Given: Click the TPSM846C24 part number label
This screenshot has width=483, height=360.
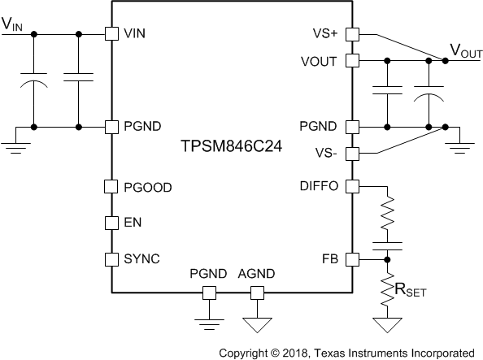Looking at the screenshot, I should pyautogui.click(x=231, y=150).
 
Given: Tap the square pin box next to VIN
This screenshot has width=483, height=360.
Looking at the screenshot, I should pyautogui.click(x=111, y=34).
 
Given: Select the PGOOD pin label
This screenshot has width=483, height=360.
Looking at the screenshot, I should pyautogui.click(x=147, y=187).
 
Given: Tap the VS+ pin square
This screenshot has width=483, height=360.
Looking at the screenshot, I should pyautogui.click(x=352, y=34).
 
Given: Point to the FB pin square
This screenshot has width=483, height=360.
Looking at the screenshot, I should pyautogui.click(x=352, y=259).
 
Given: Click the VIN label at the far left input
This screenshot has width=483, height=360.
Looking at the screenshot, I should pyautogui.click(x=13, y=24).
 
